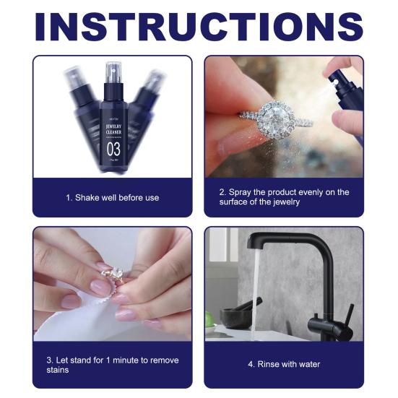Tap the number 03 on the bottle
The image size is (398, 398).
[113, 148]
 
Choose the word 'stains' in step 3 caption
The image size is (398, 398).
[60, 370]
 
